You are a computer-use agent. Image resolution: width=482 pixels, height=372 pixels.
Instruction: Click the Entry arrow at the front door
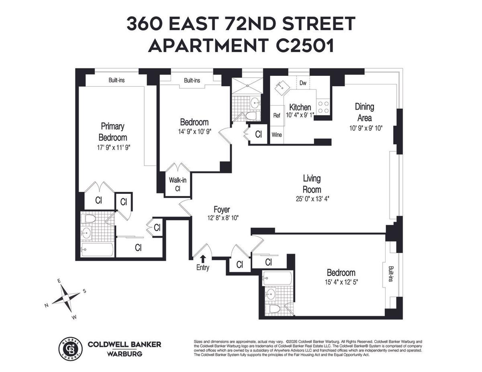coord(203,258)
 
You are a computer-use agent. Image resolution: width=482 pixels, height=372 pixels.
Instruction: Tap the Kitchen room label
coord(300,107)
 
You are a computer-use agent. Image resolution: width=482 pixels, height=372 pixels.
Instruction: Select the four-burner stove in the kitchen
coord(324,107)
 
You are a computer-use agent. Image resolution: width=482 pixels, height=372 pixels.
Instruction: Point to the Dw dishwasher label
coord(303,83)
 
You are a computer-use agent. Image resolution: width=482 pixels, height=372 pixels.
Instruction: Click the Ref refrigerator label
coord(277,116)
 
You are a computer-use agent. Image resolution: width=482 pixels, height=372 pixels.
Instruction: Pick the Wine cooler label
coord(277,135)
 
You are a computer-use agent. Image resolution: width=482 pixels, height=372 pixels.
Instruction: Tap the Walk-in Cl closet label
coord(178,184)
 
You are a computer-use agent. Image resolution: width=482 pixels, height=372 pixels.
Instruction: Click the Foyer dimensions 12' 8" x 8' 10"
coord(223,218)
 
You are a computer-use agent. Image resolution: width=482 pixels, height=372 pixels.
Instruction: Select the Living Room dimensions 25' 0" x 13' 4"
coord(312,199)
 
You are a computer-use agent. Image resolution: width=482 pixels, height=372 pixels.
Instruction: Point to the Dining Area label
coord(364,112)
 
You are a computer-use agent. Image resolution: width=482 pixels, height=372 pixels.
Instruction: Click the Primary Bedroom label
coord(113,132)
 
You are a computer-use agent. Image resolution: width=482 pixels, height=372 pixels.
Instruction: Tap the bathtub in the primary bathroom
coord(97,250)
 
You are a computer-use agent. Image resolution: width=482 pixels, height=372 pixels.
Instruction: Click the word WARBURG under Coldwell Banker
coord(125,354)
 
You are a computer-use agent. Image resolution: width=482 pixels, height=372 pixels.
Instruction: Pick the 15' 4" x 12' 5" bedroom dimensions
coord(341,282)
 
